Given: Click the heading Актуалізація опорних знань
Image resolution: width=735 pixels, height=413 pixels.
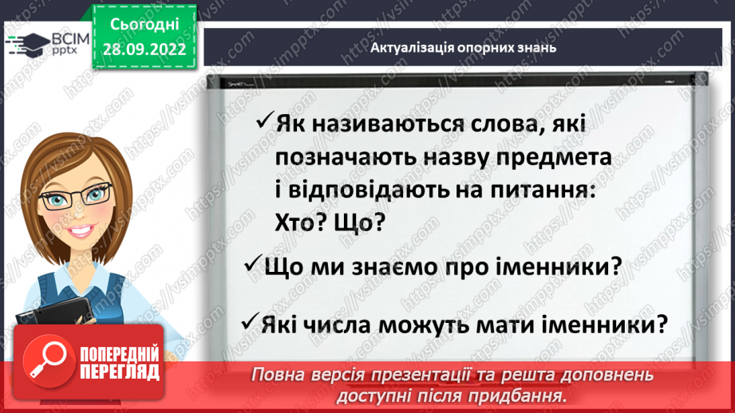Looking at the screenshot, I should point(463,47).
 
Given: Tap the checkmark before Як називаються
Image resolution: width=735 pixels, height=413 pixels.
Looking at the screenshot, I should point(264,123).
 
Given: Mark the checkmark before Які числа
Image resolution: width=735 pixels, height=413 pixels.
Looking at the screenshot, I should point(247,324).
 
